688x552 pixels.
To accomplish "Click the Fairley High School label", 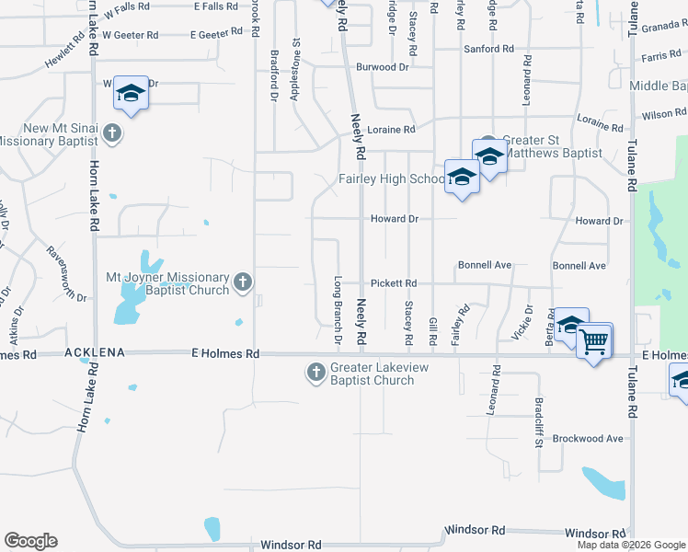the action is point(391,179).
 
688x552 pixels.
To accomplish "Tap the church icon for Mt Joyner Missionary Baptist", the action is point(243,282).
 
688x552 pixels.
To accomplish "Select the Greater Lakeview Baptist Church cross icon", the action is point(315,373).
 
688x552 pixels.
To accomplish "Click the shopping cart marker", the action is point(594,342).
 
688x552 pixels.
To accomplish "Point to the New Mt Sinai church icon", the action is point(111,133).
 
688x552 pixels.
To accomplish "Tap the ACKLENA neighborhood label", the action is point(93,353).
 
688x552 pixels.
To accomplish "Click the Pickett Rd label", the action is point(394,283).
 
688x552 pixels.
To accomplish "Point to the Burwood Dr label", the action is point(382,67).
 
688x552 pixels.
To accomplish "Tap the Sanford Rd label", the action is point(488,48).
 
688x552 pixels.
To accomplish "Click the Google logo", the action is point(30,541).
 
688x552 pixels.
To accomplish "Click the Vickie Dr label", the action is point(528,322).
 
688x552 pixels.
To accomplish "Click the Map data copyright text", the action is point(630,545).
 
